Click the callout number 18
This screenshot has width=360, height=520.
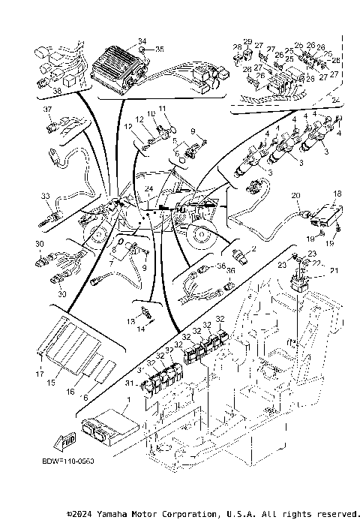[x=337, y=193]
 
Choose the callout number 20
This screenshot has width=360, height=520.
[x=295, y=196]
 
